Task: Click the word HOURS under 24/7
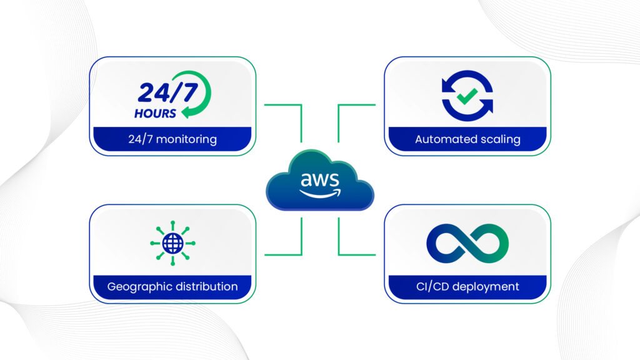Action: [x=155, y=114]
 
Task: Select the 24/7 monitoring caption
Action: [x=172, y=139]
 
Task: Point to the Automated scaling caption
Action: [x=467, y=139]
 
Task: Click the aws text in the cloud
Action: [x=319, y=180]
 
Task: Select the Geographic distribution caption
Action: [x=172, y=287]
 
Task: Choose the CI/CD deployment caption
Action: [x=467, y=287]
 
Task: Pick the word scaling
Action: [x=499, y=139]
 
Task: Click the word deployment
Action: [x=488, y=287]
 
